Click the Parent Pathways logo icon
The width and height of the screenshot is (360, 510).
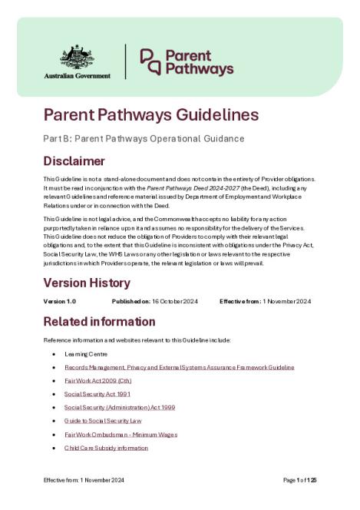pos(150,62)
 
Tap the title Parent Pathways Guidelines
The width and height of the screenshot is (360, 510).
pos(150,115)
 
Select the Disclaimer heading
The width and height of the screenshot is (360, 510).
pos(74,161)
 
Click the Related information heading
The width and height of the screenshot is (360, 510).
pos(99,320)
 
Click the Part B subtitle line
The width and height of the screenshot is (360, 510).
pos(144,139)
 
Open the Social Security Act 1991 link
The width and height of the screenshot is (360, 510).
pos(92,393)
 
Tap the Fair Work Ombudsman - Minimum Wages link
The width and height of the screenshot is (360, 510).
pos(121,434)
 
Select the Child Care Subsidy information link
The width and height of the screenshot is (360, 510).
pos(106,447)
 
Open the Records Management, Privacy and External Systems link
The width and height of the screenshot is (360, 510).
pos(179,367)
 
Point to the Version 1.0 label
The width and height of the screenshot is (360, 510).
pos(60,301)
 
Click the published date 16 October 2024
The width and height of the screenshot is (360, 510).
pos(176,301)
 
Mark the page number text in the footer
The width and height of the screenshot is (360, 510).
pos(300,480)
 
